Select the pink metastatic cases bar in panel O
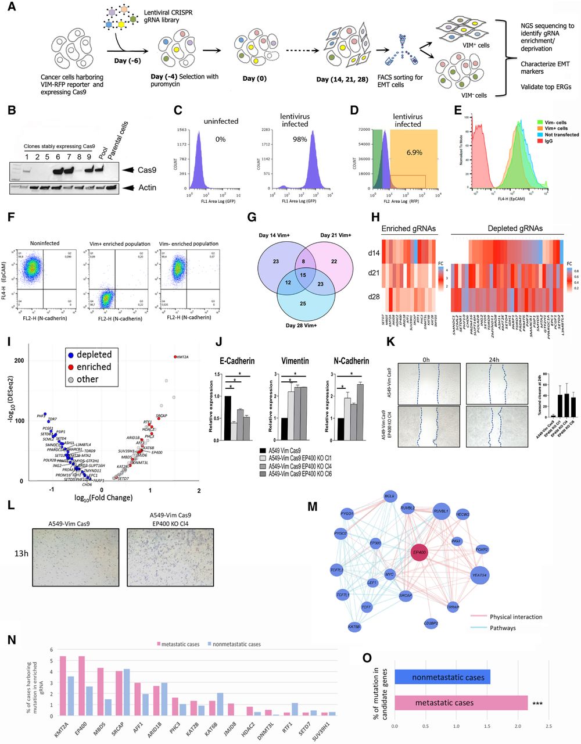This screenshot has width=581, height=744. (460, 703)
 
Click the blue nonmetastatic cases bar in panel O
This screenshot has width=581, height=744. (442, 677)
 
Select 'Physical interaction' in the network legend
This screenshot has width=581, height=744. (515, 617)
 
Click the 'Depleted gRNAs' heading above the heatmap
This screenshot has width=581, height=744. (505, 228)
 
